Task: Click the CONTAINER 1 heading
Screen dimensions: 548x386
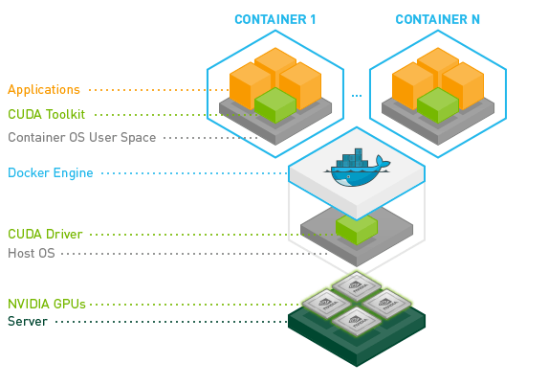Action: point(275,19)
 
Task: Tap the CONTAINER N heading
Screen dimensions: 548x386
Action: point(438,19)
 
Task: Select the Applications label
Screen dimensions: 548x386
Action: point(44,90)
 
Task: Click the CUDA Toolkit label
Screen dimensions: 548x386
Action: point(47,114)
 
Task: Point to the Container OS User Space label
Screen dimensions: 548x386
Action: point(82,138)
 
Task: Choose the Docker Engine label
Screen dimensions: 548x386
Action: point(51,173)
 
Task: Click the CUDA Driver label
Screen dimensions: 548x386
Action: point(45,234)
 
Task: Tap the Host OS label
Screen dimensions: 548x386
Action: point(32,253)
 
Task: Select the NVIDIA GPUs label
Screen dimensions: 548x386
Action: point(47,304)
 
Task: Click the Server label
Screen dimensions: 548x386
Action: point(28,321)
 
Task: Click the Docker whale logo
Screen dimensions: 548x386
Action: point(357,168)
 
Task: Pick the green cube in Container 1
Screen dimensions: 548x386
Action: point(275,105)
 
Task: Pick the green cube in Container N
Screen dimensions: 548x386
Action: point(438,105)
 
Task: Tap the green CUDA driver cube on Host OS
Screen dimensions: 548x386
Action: point(357,229)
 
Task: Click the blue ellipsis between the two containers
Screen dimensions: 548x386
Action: point(357,96)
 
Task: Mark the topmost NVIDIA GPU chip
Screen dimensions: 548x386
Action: point(357,286)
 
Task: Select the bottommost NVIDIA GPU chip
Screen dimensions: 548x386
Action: point(357,320)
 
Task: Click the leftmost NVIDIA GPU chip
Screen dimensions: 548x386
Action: point(327,303)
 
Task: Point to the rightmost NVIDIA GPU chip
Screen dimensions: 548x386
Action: point(386,303)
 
